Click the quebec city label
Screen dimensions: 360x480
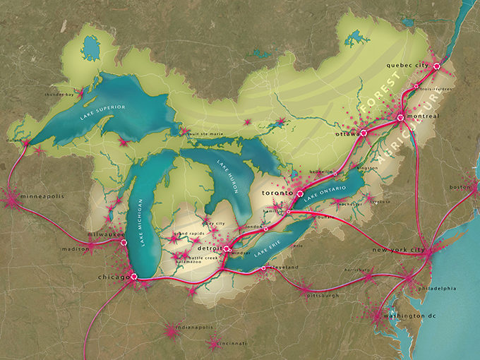(x=408, y=66)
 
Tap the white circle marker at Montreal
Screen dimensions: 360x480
(x=400, y=117)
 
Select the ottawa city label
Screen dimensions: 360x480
(x=347, y=133)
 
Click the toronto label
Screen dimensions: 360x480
(x=277, y=192)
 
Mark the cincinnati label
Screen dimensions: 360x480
(x=232, y=344)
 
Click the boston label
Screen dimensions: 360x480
(x=459, y=187)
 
